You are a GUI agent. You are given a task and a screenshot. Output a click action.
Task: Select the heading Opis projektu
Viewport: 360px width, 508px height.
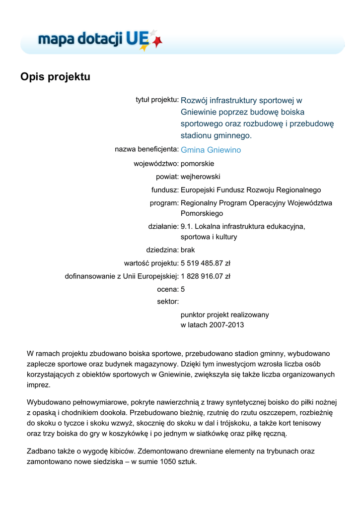tap(55, 77)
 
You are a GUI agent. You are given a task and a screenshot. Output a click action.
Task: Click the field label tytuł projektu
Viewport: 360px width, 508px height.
tap(157, 100)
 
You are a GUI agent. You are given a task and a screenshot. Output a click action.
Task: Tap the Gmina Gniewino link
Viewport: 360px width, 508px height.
tap(211, 150)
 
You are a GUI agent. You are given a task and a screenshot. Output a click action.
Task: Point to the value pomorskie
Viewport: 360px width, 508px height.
tap(198, 163)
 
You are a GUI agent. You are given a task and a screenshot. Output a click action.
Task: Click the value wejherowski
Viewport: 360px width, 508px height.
tap(201, 177)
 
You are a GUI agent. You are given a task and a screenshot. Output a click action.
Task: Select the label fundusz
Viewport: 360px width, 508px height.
tap(165, 190)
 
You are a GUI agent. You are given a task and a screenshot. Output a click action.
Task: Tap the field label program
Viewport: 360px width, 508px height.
tap(164, 203)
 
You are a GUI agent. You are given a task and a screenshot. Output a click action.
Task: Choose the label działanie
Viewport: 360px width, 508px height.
tap(163, 226)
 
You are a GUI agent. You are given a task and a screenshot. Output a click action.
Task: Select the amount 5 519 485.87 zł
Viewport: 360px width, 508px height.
tap(206, 263)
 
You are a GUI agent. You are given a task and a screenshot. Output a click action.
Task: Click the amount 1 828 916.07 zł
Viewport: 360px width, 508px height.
tap(206, 276)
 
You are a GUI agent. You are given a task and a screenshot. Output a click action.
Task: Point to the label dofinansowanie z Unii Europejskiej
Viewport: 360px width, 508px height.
tap(122, 276)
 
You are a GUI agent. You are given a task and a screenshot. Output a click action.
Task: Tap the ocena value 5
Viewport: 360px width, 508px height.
tap(183, 289)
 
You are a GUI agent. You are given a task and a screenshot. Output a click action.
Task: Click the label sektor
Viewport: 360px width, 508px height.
tap(167, 301)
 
